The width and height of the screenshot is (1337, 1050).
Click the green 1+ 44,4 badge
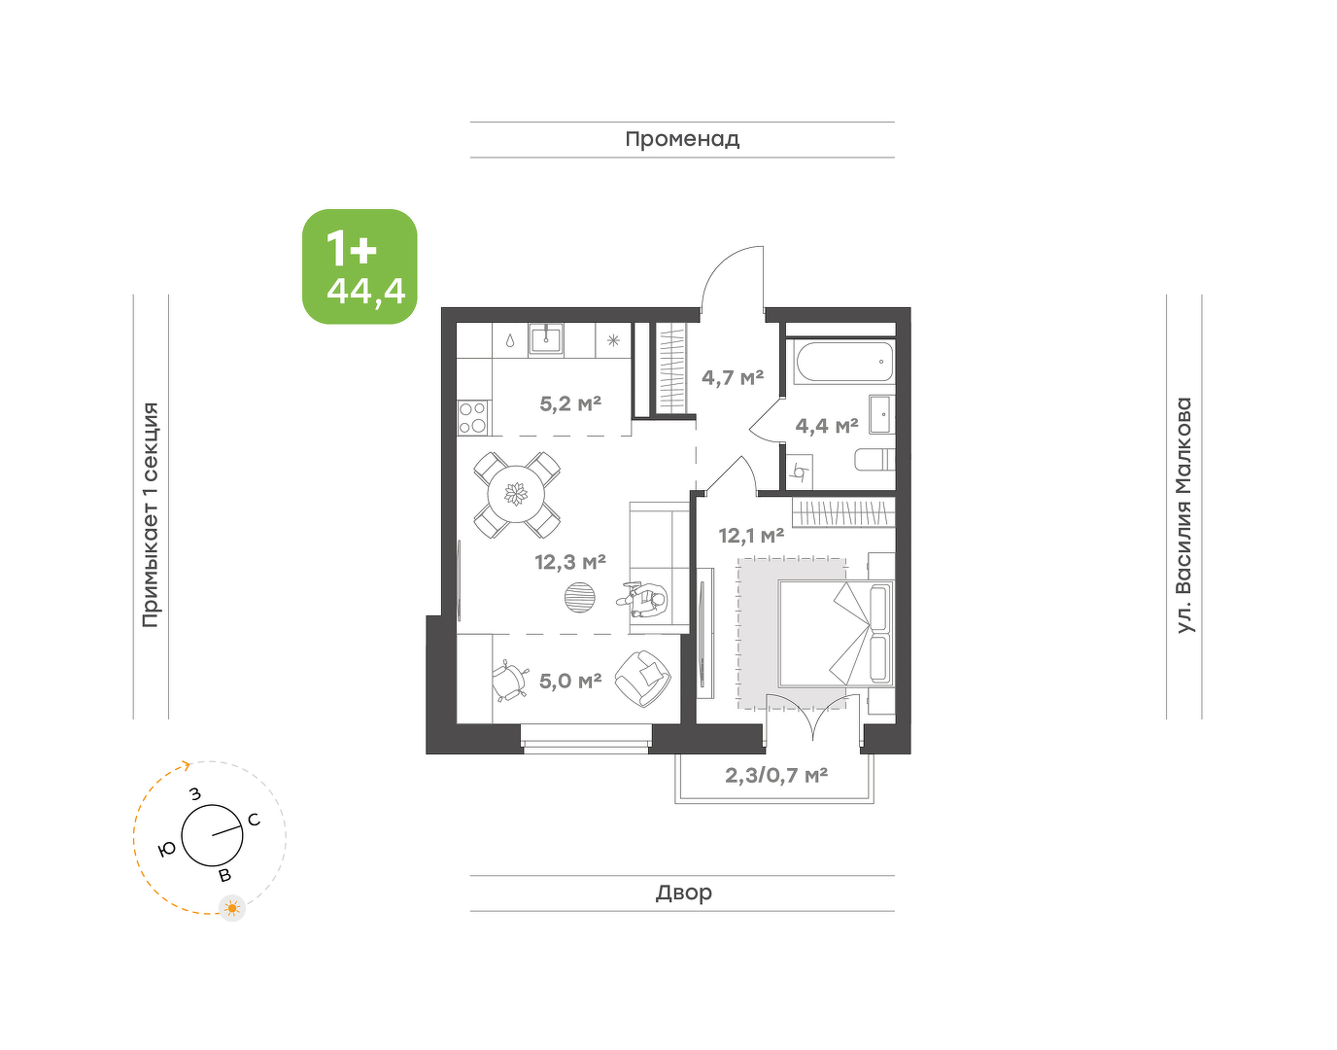click(x=360, y=266)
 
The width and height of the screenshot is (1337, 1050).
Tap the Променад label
click(x=682, y=140)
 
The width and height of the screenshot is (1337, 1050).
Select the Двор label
click(x=684, y=892)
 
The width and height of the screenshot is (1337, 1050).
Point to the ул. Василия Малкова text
click(x=1183, y=515)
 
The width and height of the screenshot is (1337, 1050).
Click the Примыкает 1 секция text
click(x=151, y=515)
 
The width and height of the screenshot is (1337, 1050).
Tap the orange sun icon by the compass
click(x=232, y=908)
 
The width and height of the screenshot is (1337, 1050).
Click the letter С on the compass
click(x=254, y=820)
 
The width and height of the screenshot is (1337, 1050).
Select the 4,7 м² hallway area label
click(x=733, y=377)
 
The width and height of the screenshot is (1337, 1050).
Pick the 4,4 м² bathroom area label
click(x=826, y=425)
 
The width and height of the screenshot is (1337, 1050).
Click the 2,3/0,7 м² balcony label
click(x=775, y=776)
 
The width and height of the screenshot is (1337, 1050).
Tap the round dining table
click(x=516, y=494)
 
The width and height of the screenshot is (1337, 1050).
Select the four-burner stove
click(x=473, y=417)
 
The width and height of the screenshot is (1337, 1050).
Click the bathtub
click(x=843, y=362)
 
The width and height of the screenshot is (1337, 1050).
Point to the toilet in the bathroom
click(x=874, y=460)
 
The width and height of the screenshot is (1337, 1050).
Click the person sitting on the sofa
click(x=643, y=601)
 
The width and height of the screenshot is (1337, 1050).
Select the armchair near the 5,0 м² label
click(x=643, y=680)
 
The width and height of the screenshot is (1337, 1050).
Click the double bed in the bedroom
click(x=836, y=633)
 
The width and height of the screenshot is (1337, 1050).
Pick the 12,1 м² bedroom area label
click(x=751, y=536)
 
